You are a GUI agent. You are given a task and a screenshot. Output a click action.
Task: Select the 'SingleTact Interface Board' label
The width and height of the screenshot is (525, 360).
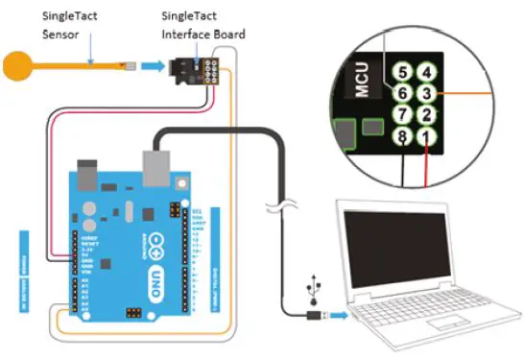pos(203,24)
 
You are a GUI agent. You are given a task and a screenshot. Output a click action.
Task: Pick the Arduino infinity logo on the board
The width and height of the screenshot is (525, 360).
pos(153,252)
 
